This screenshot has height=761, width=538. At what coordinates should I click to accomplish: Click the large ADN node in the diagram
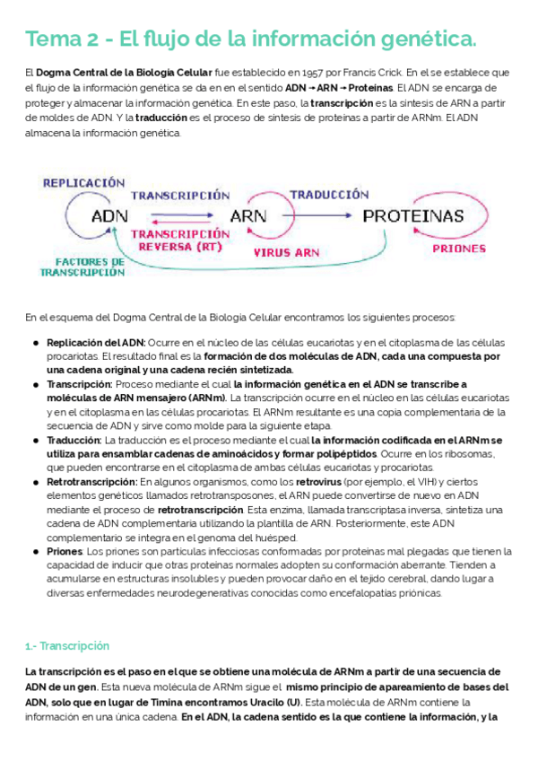coord(109,216)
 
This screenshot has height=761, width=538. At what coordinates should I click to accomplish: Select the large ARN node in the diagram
coord(248,216)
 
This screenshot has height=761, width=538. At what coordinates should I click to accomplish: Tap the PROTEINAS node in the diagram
coord(412,216)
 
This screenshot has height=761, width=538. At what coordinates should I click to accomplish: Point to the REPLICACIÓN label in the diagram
coord(84,182)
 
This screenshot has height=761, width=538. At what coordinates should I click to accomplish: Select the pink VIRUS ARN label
coord(285,253)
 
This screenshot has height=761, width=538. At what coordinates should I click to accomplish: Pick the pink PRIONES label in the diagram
coord(459,249)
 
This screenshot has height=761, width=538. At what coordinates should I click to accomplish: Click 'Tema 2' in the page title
coord(54,39)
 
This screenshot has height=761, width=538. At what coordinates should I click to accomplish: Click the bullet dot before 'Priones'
coord(35,551)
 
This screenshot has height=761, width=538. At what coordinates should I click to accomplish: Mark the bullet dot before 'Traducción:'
coord(35,441)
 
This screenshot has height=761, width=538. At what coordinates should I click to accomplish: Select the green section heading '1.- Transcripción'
coord(67,645)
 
